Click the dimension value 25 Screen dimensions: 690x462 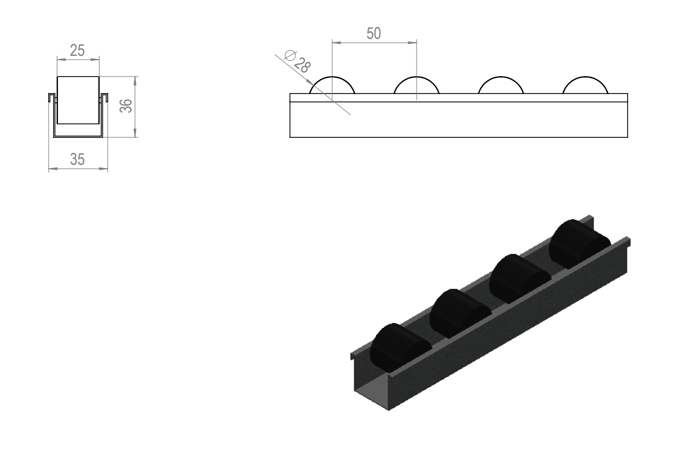click(x=77, y=50)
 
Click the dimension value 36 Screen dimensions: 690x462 click(x=126, y=106)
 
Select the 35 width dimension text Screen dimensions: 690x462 click(x=77, y=159)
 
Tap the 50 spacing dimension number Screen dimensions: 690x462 click(x=374, y=33)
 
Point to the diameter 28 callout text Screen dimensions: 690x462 click(x=297, y=62)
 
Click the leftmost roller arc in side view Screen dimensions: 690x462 click(x=332, y=77)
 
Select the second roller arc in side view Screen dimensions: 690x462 click(x=417, y=77)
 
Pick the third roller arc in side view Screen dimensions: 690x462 click(x=501, y=77)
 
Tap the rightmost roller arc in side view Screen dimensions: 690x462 click(x=585, y=77)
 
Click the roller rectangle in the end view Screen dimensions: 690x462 click(x=78, y=100)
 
